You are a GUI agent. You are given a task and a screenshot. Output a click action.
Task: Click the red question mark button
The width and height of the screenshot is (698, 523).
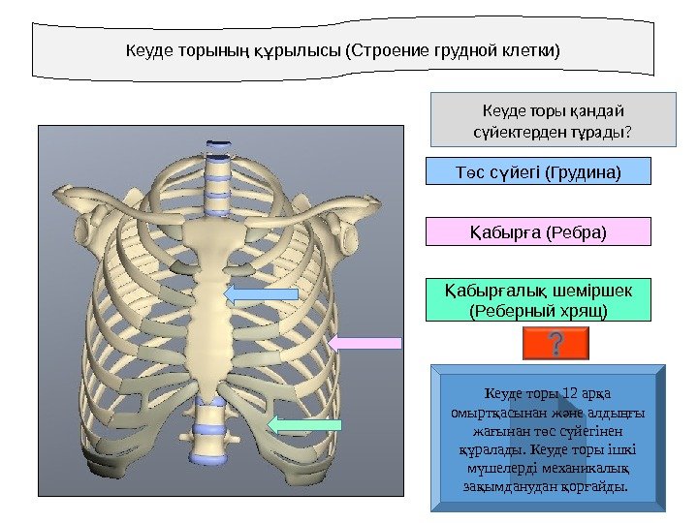tap(556, 344)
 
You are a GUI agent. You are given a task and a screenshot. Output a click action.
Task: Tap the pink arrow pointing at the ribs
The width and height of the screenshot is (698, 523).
tap(365, 342)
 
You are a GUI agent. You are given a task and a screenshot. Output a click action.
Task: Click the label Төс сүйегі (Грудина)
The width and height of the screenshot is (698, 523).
tap(539, 172)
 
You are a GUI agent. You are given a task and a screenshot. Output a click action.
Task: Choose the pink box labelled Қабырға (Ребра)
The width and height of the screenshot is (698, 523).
tap(539, 232)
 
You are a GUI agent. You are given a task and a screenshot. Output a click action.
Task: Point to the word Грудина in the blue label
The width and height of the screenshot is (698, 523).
tap(583, 172)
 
